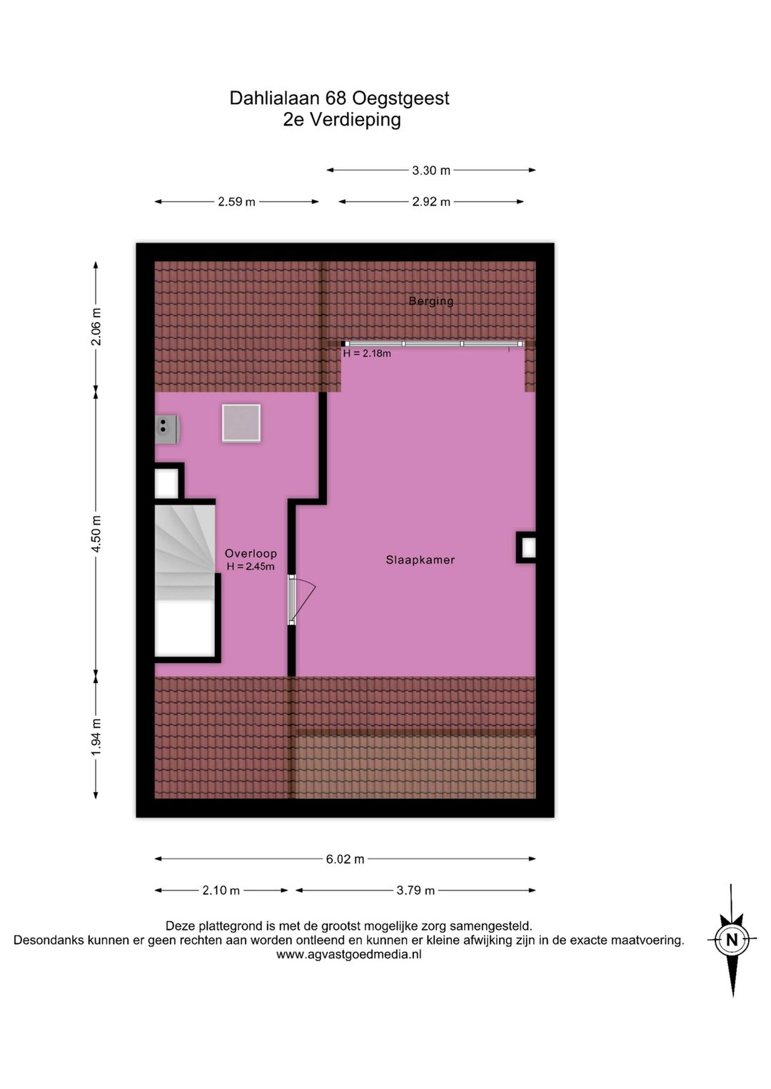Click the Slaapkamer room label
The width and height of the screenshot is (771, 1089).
coord(420,559)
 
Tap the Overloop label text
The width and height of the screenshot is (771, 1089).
coord(251,553)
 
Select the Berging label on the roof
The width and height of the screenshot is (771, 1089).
coord(431,301)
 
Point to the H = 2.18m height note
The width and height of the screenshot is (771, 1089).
coord(367,353)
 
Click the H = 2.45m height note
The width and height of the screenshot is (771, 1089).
coord(251,567)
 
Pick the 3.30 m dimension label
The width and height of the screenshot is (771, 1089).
coord(431,171)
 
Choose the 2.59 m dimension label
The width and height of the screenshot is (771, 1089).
coord(236,202)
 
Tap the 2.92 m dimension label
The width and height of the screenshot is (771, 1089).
coord(431,202)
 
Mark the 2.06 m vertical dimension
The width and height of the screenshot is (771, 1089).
coord(96,327)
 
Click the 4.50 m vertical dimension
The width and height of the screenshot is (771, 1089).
coord(96,533)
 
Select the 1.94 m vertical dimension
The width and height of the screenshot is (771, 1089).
coord(96,737)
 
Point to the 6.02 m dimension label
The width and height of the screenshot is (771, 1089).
coord(345,859)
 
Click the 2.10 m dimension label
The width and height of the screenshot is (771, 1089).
coord(221,890)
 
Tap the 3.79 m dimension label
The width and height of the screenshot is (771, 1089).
coord(415,890)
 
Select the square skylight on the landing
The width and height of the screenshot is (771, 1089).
coord(241,423)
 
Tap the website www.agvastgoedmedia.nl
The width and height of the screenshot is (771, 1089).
coord(349,954)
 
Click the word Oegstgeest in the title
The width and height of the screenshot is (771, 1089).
coord(400,98)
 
